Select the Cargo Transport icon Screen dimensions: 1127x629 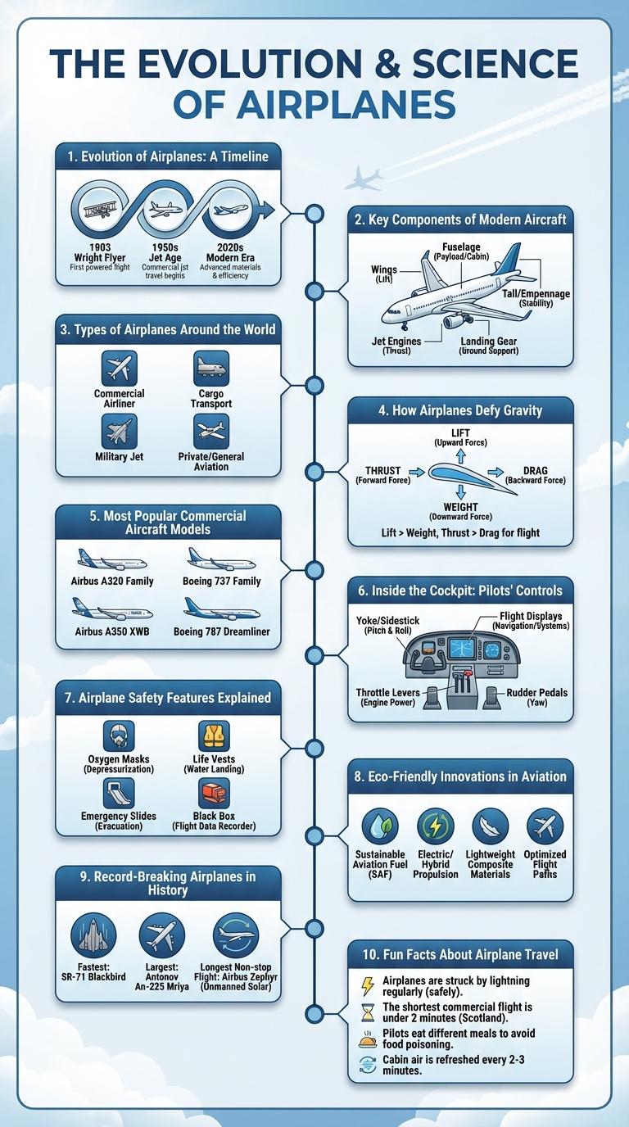click(x=211, y=369)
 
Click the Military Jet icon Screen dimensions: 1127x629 click(x=120, y=431)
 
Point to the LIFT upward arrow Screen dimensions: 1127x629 click(x=460, y=455)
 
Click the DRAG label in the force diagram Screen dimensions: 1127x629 click(x=534, y=471)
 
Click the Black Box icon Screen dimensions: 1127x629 click(x=214, y=793)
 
